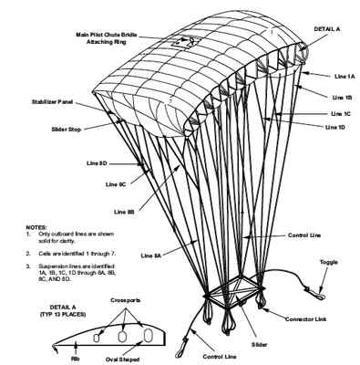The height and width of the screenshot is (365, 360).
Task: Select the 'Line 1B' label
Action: coord(341,96)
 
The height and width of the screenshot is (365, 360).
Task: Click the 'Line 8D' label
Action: coord(98,162)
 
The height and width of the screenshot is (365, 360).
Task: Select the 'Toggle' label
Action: coord(329,262)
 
